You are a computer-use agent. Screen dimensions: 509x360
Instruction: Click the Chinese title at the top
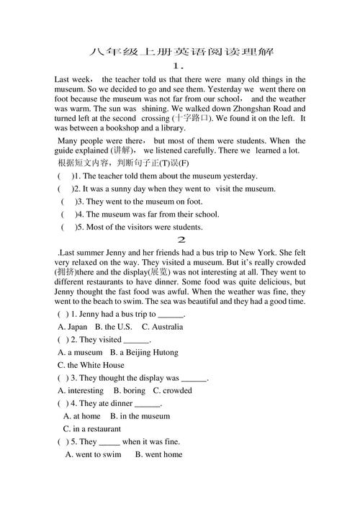pyautogui.click(x=180, y=52)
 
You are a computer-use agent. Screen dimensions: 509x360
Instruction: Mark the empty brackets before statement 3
pyautogui.click(x=68, y=202)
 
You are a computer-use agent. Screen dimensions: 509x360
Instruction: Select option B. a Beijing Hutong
pyautogui.click(x=144, y=353)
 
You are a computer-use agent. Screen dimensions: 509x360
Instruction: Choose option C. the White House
pyautogui.click(x=91, y=365)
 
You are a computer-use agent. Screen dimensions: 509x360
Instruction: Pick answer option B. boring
pyautogui.click(x=129, y=391)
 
